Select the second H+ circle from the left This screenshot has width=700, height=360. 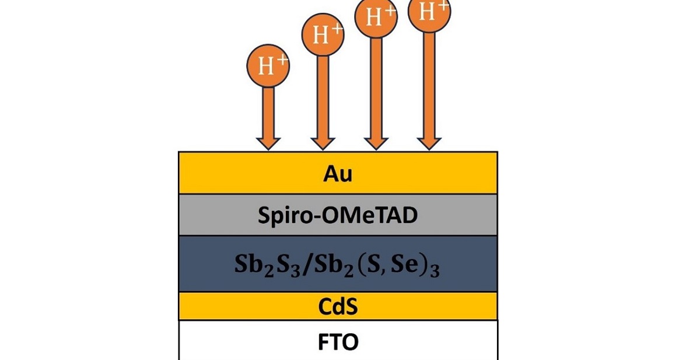click(x=322, y=35)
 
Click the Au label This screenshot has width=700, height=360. click(x=338, y=174)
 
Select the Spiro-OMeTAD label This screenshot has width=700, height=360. click(x=338, y=215)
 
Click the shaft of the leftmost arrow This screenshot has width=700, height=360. click(x=268, y=111)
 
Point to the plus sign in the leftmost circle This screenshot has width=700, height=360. click(x=281, y=60)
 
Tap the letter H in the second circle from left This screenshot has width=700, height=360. click(x=320, y=37)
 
